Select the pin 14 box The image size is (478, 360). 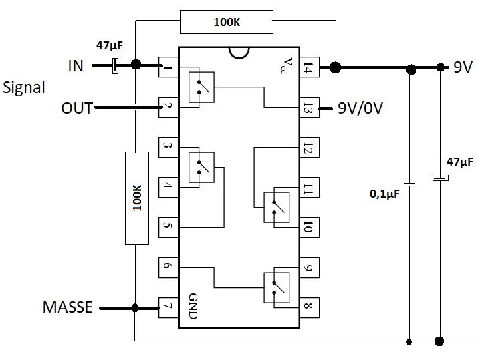tap(308, 67)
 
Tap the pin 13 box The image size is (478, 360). tap(308, 108)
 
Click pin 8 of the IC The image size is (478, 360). tap(308, 308)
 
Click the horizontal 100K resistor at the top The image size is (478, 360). tap(227, 22)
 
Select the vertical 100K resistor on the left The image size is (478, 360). tap(136, 198)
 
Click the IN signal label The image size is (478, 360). tap(75, 66)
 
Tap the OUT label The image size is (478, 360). tap(76, 107)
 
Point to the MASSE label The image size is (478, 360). tap(67, 307)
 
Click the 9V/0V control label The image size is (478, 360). tap(360, 108)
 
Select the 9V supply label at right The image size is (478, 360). tap(462, 67)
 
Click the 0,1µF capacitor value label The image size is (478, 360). tap(384, 194)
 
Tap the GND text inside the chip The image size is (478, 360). tap(193, 305)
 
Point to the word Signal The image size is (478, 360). tap(24, 87)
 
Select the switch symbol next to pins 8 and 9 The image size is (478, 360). tap(276, 288)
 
